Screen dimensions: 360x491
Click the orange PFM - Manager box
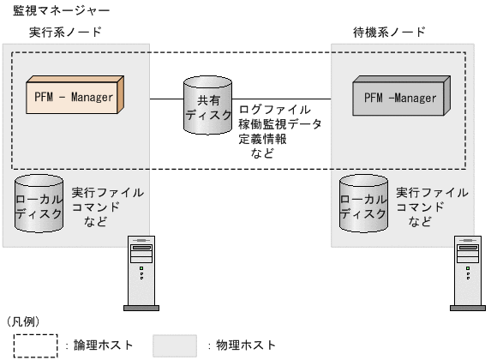point(75,97)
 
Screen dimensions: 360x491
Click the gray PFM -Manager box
point(399,98)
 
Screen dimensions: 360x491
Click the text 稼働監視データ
point(280,124)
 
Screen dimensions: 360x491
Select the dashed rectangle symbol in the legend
point(33,345)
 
